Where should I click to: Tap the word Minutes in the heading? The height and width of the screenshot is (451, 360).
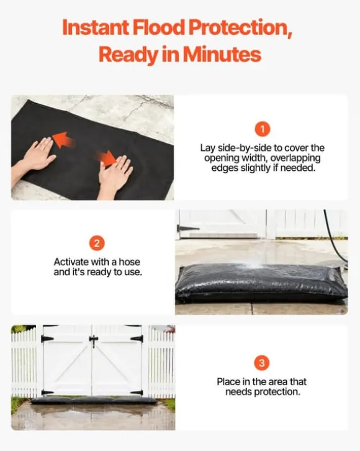click(x=222, y=54)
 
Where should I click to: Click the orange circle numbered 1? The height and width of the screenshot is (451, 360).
click(x=263, y=129)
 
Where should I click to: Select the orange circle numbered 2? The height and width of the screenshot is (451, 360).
click(x=97, y=244)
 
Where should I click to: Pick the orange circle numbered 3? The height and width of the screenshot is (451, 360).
click(x=262, y=363)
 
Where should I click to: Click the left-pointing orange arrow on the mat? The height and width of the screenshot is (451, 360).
click(x=64, y=140)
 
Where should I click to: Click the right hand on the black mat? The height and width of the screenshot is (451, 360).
click(x=114, y=175)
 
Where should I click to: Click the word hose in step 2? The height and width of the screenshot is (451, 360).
click(x=129, y=262)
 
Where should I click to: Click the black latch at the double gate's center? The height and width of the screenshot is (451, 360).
click(x=93, y=341)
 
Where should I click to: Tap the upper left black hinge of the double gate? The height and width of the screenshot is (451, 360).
click(x=47, y=339)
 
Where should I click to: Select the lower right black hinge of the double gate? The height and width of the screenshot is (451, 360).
click(x=137, y=393)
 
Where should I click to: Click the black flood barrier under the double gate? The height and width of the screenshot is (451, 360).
click(x=94, y=401)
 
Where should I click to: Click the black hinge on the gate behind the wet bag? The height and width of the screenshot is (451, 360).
click(x=188, y=229)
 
